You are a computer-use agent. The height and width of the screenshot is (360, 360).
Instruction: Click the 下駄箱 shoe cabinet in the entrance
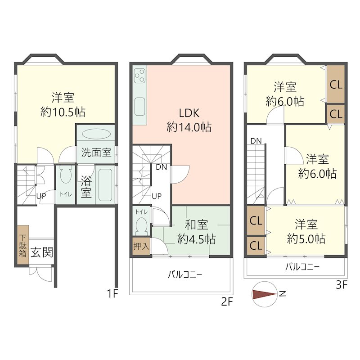pos(23,246)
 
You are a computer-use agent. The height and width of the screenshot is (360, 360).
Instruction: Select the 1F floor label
pos(112,294)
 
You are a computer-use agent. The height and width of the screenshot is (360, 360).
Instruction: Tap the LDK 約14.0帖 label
pos(189,120)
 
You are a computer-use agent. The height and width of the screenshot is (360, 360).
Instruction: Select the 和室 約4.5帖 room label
pos(196,231)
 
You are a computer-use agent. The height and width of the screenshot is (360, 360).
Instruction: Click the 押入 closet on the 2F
pos(141,246)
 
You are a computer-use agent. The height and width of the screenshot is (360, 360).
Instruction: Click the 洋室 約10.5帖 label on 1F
pos(63,104)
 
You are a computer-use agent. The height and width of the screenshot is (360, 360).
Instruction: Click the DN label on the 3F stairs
pos(256,141)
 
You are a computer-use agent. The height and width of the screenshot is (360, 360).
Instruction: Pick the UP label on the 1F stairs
pos(41,196)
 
